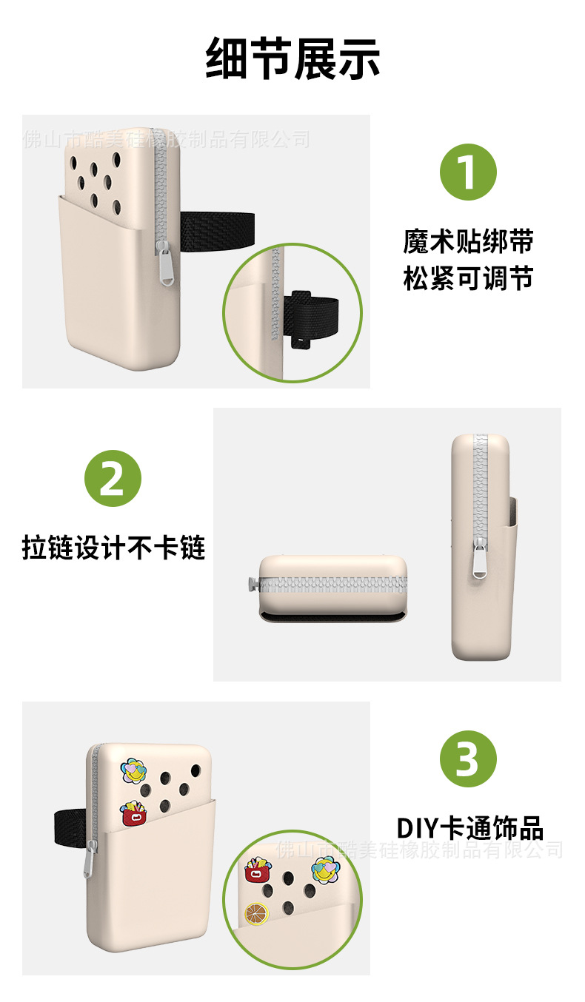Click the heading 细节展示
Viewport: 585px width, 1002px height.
click(292, 58)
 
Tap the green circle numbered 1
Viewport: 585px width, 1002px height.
click(468, 172)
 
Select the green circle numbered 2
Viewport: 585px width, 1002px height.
click(113, 477)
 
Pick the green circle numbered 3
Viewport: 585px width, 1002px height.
click(468, 759)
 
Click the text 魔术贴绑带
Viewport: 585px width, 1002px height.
click(468, 241)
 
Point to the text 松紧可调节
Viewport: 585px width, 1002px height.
click(468, 279)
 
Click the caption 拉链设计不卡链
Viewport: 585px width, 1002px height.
click(113, 548)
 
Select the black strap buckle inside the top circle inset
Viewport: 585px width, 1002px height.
click(303, 318)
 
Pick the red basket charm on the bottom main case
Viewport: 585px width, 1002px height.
click(134, 813)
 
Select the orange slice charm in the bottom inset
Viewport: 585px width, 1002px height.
click(257, 914)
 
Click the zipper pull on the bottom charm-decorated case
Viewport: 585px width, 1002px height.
click(91, 858)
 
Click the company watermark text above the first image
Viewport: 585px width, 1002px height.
click(167, 138)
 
